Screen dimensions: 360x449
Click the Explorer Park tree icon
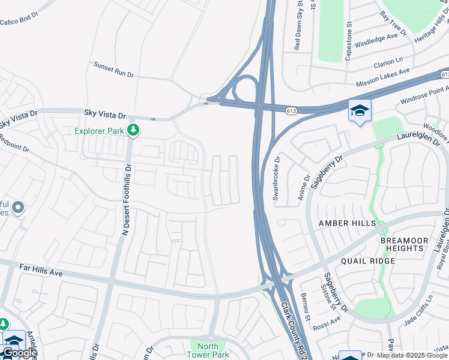coord(134,130)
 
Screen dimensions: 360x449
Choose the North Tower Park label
coord(208,350)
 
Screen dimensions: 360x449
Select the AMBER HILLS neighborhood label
coord(347,223)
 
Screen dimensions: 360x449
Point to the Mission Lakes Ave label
coord(382,77)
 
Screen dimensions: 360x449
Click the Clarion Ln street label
coord(388,62)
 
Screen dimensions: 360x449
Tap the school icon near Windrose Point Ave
coord(360,111)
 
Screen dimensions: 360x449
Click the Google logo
coord(19,353)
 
